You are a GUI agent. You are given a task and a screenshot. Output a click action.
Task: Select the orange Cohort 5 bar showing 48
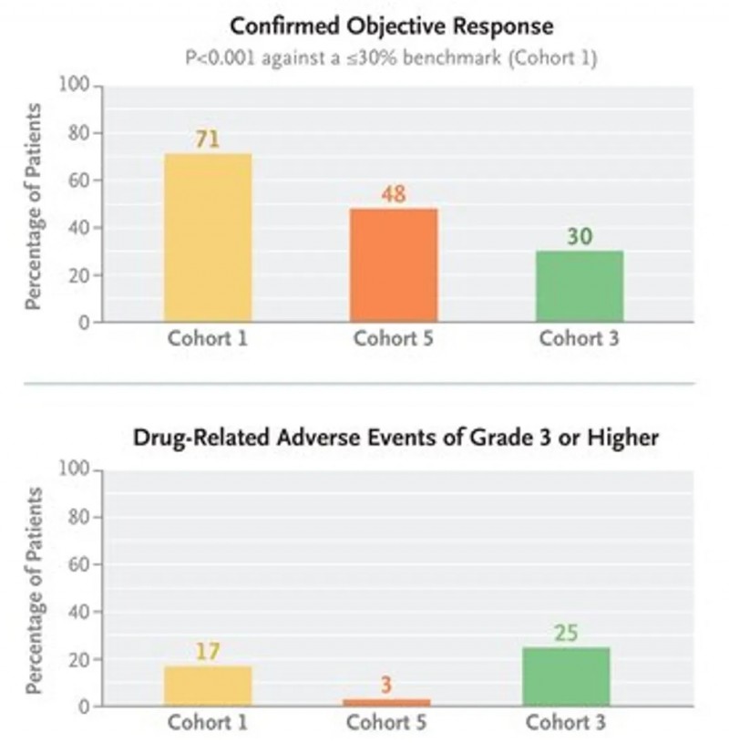point(393,264)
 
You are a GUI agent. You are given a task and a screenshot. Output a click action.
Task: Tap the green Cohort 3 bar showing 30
point(579,285)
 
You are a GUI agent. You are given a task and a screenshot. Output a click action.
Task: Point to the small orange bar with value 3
point(386,702)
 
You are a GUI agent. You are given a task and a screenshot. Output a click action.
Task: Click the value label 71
point(208,139)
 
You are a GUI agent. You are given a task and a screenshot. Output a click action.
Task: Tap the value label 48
point(393,194)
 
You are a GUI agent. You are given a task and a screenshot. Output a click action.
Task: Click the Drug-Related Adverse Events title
point(395,437)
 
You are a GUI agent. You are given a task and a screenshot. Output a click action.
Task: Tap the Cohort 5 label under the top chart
point(393,340)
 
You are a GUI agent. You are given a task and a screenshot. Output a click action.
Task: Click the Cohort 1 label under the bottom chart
point(208,724)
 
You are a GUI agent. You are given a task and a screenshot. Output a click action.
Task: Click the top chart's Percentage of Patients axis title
point(34,206)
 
